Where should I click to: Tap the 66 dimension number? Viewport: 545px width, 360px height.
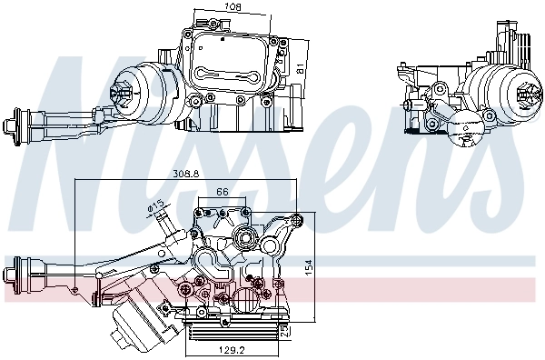pos(223,192)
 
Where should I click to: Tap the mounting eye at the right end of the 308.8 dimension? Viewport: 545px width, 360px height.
pos(298,218)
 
